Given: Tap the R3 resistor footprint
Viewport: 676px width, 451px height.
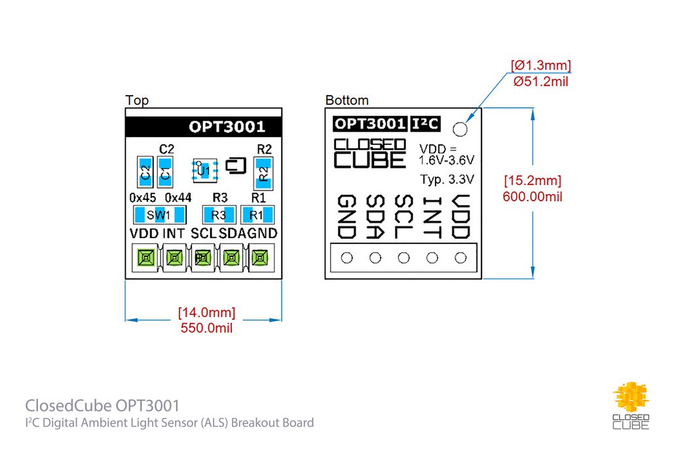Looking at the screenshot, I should [219, 215].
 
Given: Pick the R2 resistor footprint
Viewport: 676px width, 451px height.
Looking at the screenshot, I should [263, 172].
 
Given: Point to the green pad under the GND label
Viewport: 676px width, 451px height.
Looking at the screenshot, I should [260, 258].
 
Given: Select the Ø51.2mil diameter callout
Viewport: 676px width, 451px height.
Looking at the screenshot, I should [541, 82].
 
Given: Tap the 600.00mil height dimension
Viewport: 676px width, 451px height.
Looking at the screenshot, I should [533, 196].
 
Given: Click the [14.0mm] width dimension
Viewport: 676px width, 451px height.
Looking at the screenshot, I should [206, 312].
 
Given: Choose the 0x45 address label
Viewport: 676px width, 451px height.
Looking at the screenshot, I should [142, 197].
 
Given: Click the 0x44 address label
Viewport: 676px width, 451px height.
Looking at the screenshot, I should [178, 197].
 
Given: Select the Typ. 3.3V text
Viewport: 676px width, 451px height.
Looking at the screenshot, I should [447, 179].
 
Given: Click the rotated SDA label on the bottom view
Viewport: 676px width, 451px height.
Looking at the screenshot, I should [375, 217].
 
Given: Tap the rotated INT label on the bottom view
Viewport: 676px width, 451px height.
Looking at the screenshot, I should [432, 217].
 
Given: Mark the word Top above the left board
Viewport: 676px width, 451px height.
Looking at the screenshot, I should [137, 100].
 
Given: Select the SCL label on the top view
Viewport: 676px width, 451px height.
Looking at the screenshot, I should [204, 233].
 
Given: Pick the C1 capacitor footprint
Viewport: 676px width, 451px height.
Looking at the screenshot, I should [166, 172].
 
